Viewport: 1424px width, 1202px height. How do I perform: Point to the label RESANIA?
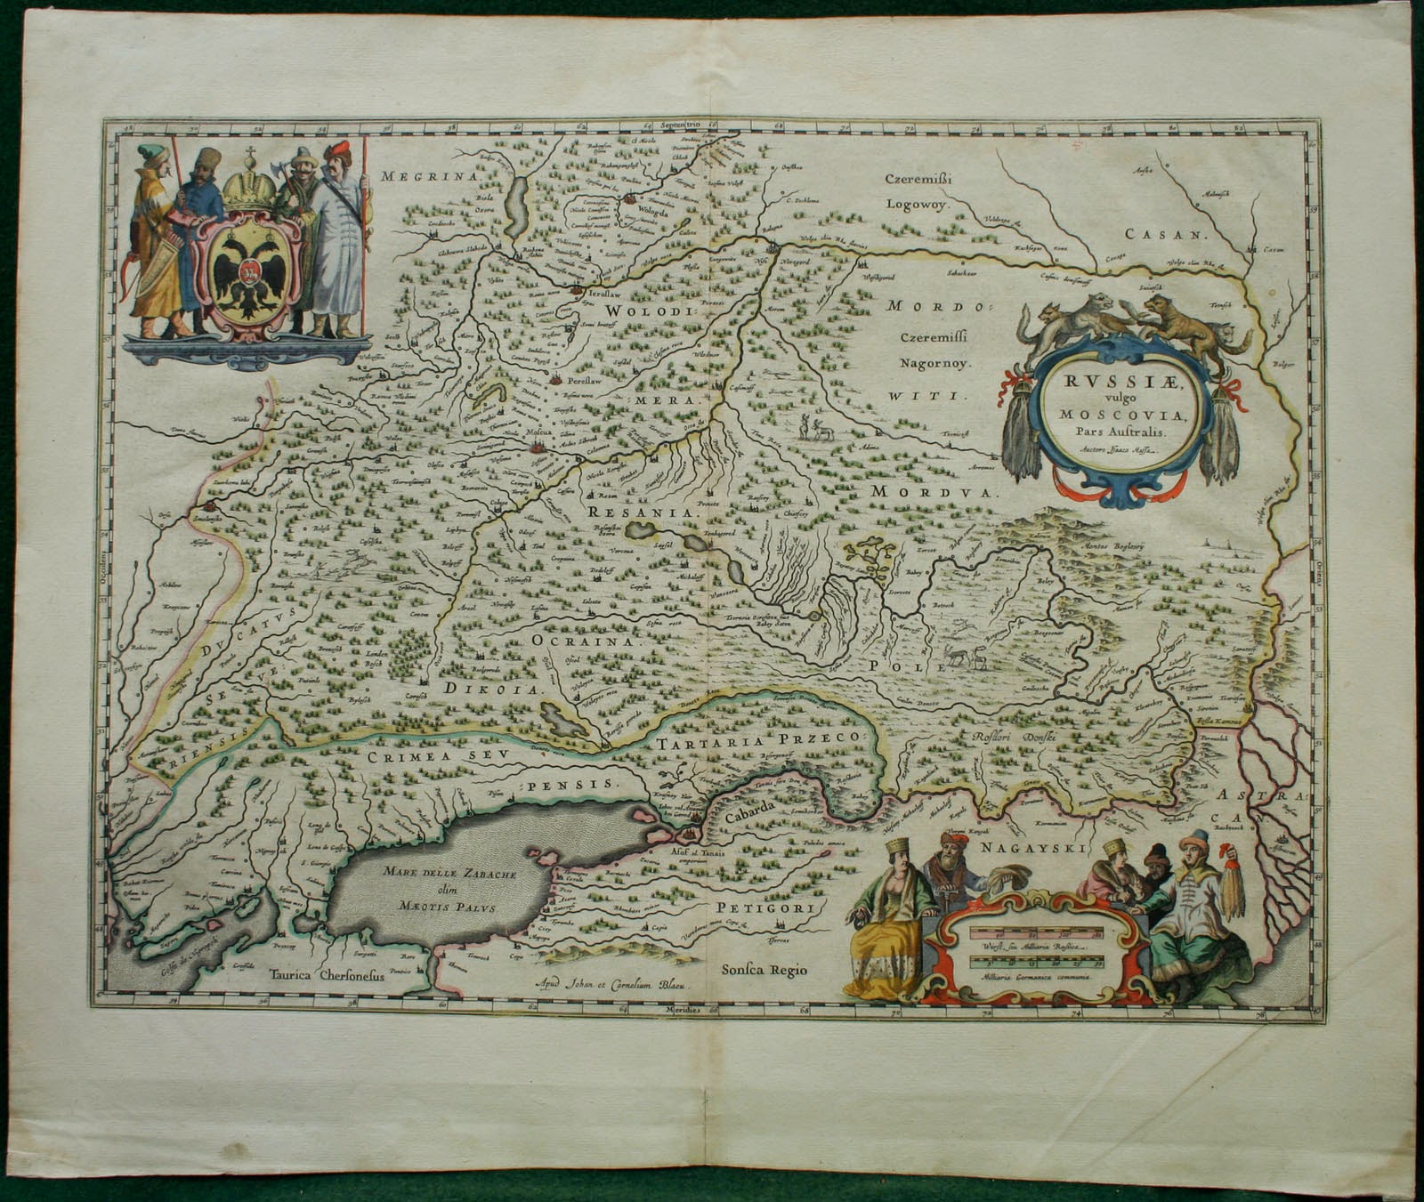click(x=639, y=513)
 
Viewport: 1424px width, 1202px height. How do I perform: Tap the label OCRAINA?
click(x=585, y=640)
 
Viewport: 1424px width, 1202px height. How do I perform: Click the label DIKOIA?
click(x=504, y=689)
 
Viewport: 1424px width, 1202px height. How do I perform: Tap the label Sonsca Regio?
click(x=765, y=970)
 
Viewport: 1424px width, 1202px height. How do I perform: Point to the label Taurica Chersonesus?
click(x=327, y=973)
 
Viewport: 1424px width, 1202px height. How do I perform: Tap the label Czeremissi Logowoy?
click(x=918, y=191)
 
